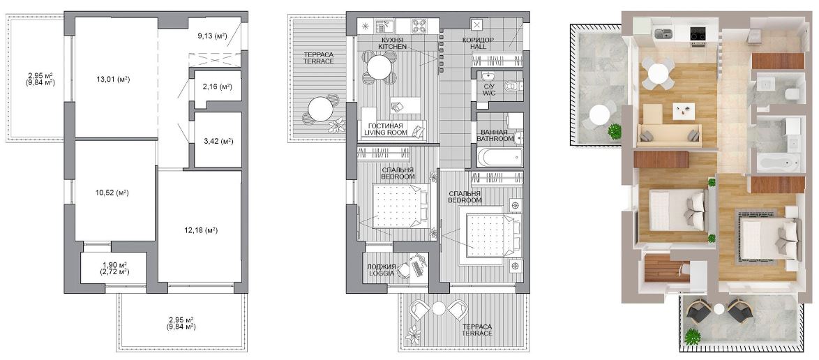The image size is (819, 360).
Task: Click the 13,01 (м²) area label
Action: point(112,80)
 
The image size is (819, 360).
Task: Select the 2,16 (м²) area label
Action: point(218,87)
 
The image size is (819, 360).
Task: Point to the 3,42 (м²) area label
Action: point(218,141)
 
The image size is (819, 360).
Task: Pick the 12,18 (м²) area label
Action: point(201,230)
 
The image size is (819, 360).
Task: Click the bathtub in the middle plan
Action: point(500,157)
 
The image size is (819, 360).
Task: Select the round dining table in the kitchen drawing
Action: point(379,67)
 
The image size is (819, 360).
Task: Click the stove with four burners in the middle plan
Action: point(419,26)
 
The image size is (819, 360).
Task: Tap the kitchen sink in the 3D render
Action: point(663,34)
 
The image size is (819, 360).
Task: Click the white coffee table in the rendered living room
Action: point(684,110)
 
